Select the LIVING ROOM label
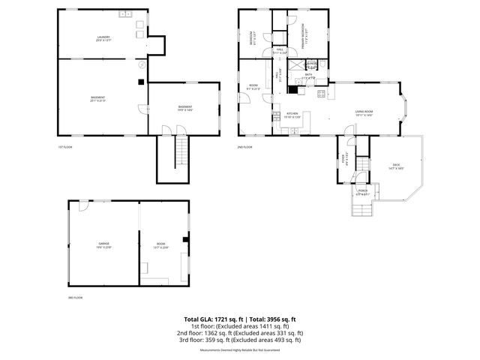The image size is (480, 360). [364, 112]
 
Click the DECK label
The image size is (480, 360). [396, 166]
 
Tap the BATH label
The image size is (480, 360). [309, 76]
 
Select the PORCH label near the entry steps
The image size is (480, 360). [363, 192]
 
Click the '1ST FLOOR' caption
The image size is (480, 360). [65, 146]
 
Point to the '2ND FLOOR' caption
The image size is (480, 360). [245, 146]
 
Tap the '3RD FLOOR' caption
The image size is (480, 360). [74, 298]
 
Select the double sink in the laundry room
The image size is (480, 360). [125, 15]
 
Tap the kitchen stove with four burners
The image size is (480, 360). [320, 94]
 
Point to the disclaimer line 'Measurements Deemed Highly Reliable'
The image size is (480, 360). [240, 347]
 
